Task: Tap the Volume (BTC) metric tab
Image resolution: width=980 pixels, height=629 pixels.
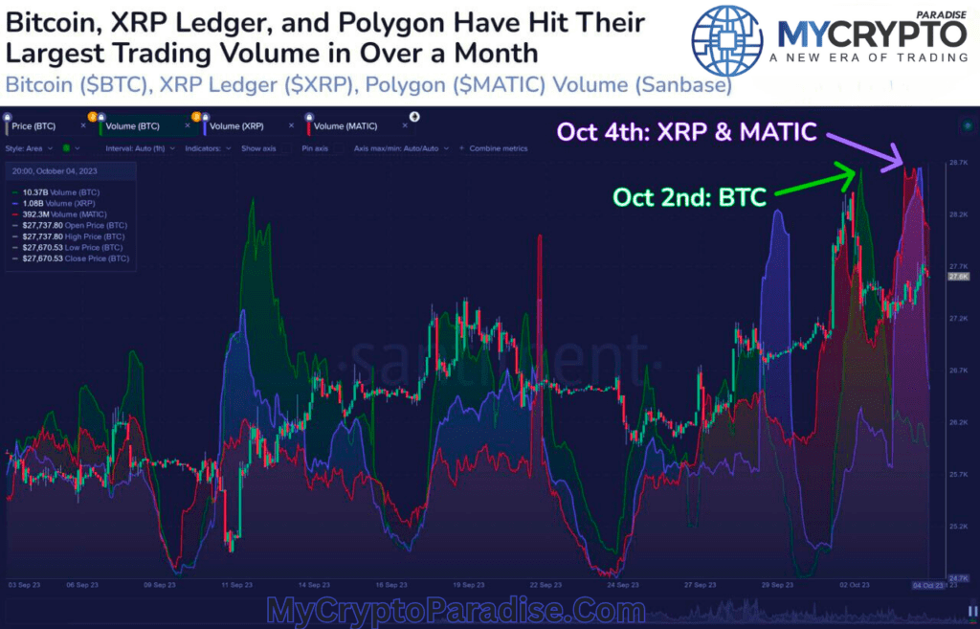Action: coord(134,125)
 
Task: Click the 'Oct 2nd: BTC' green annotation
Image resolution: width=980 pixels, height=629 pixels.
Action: coord(689,198)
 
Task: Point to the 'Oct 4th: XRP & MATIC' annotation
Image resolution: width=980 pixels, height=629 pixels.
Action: coord(686,132)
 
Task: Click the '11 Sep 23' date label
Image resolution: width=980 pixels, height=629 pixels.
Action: coord(238,585)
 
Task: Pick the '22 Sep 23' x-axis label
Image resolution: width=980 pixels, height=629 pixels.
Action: coord(546,585)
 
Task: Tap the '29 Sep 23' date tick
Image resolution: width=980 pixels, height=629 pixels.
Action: coord(777,585)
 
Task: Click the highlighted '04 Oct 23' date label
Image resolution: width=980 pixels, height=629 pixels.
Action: coord(926,585)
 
